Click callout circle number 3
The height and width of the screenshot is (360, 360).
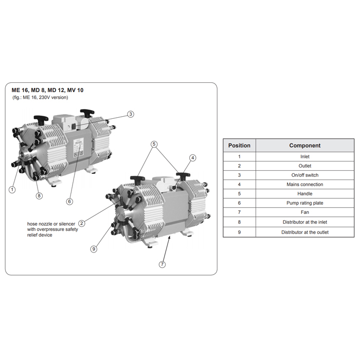[131, 114]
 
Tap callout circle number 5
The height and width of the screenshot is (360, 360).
[154, 144]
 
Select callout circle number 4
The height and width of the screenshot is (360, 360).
[193, 158]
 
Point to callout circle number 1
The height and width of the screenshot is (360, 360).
[12, 190]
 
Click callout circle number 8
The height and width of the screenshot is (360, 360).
[39, 196]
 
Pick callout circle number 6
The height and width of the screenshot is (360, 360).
[69, 202]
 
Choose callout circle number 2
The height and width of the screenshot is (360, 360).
[81, 223]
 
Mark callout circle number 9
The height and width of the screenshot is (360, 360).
[94, 249]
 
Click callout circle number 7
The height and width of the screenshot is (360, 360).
[163, 264]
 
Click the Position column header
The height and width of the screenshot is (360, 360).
[239, 146]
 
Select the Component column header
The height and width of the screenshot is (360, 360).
[305, 146]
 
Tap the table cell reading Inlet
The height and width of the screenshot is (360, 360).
[305, 156]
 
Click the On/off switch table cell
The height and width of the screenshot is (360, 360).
[305, 175]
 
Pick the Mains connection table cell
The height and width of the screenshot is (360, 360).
[305, 184]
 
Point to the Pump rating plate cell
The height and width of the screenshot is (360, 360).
[305, 203]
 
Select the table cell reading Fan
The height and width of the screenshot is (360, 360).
[305, 212]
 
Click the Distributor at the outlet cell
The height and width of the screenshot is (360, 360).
[305, 232]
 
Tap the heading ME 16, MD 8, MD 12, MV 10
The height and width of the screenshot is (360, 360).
[47, 90]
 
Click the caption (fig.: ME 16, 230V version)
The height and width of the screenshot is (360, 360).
[40, 97]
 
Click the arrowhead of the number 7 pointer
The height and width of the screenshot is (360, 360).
[169, 238]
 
